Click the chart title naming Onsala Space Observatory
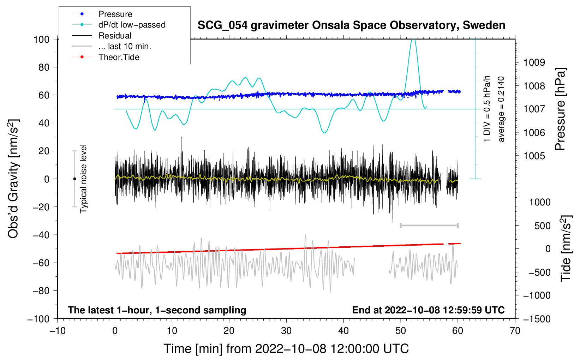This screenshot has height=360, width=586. point(351,25)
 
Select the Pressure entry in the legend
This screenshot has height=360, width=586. point(115,14)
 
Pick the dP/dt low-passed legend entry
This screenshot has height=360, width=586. point(132,25)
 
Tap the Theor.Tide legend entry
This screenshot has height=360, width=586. point(119,57)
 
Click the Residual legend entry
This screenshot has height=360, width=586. point(115,36)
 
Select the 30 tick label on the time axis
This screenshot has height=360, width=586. point(286,331)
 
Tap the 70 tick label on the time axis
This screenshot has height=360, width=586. point(515,331)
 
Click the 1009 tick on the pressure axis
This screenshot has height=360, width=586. point(534,62)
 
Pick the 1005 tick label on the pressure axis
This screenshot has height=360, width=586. point(534,156)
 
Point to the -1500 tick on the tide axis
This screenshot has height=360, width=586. point(537,319)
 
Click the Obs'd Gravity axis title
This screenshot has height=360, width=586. point(13,179)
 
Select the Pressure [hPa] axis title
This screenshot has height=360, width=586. point(560,109)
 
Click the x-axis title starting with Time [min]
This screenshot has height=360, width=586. point(286,349)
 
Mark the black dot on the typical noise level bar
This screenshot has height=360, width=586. point(74,179)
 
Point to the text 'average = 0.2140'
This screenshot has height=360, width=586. point(501,109)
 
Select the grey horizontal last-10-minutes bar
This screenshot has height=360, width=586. point(429,225)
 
